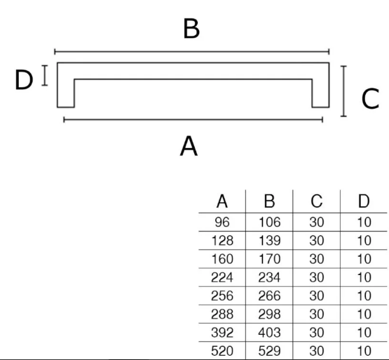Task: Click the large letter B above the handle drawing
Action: [x=191, y=28]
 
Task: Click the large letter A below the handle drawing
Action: [x=189, y=146]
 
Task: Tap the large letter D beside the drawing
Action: [x=24, y=80]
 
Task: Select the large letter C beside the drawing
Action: [x=370, y=99]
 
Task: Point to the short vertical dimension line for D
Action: [x=45, y=75]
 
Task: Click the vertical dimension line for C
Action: [x=343, y=91]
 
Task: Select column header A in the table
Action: [x=222, y=201]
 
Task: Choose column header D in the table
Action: [x=364, y=201]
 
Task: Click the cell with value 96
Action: [x=222, y=222]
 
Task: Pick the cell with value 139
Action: [x=269, y=241]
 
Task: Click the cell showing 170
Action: [x=269, y=259]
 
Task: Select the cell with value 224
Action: [x=222, y=277]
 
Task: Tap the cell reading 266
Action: [x=269, y=295]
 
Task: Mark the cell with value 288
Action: [x=222, y=314]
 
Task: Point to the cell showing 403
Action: [x=269, y=333]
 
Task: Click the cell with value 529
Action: [x=269, y=351]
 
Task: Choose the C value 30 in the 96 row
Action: [x=317, y=222]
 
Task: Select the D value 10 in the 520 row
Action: [x=364, y=351]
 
